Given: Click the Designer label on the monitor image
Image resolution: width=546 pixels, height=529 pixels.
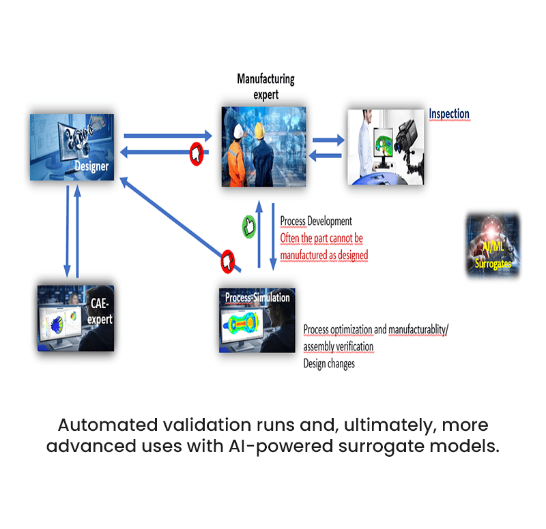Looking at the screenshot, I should click(x=92, y=166).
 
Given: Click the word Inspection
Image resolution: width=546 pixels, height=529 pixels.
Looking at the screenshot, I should click(x=448, y=114).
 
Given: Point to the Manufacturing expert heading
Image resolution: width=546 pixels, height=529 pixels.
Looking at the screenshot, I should click(x=265, y=87).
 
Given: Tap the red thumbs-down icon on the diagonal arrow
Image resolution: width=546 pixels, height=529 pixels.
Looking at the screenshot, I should click(x=227, y=260).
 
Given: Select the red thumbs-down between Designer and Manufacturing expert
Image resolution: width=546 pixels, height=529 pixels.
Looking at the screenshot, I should click(x=197, y=154).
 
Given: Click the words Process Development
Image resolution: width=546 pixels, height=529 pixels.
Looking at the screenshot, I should click(x=316, y=222).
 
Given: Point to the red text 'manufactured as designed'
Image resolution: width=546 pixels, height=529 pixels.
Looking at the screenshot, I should click(x=324, y=255).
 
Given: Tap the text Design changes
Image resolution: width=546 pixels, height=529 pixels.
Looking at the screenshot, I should click(x=329, y=364).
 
